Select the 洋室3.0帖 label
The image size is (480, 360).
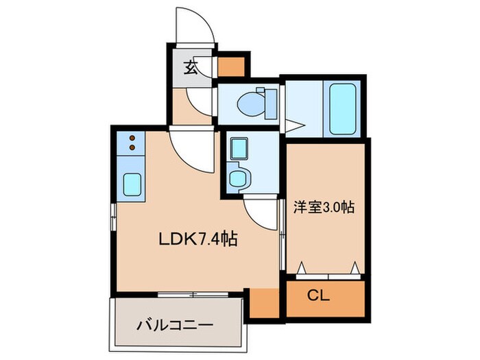click(x=324, y=207)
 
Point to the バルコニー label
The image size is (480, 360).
click(x=174, y=323)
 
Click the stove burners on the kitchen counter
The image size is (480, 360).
click(x=132, y=143)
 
